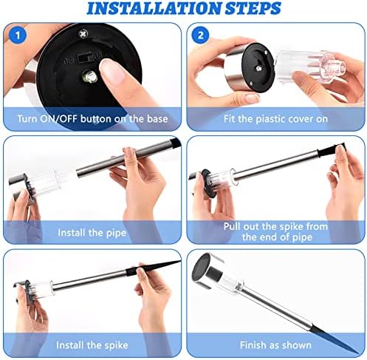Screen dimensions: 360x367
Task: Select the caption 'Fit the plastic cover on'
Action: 275,117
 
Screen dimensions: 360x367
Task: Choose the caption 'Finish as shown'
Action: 275,344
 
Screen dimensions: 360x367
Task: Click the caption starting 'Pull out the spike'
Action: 275,231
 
